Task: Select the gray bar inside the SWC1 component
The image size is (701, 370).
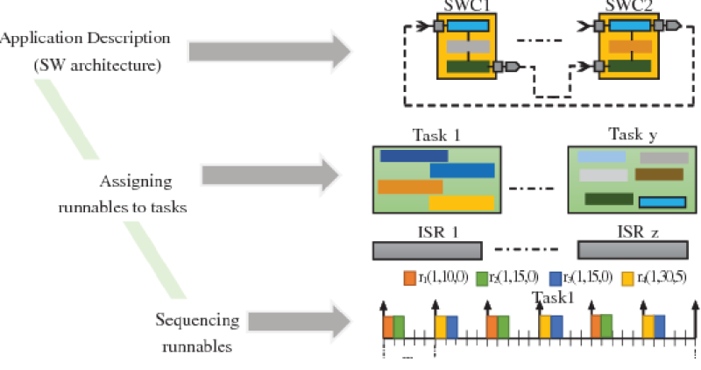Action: point(467,46)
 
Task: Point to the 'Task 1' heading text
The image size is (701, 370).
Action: point(436,136)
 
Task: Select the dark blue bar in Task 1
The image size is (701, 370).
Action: point(414,155)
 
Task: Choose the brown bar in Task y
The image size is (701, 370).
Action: point(658,174)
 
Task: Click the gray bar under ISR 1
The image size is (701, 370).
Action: point(427,251)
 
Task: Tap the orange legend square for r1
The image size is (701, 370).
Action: point(409,279)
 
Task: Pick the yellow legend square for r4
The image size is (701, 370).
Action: point(627,279)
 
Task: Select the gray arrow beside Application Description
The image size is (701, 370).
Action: point(264,50)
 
